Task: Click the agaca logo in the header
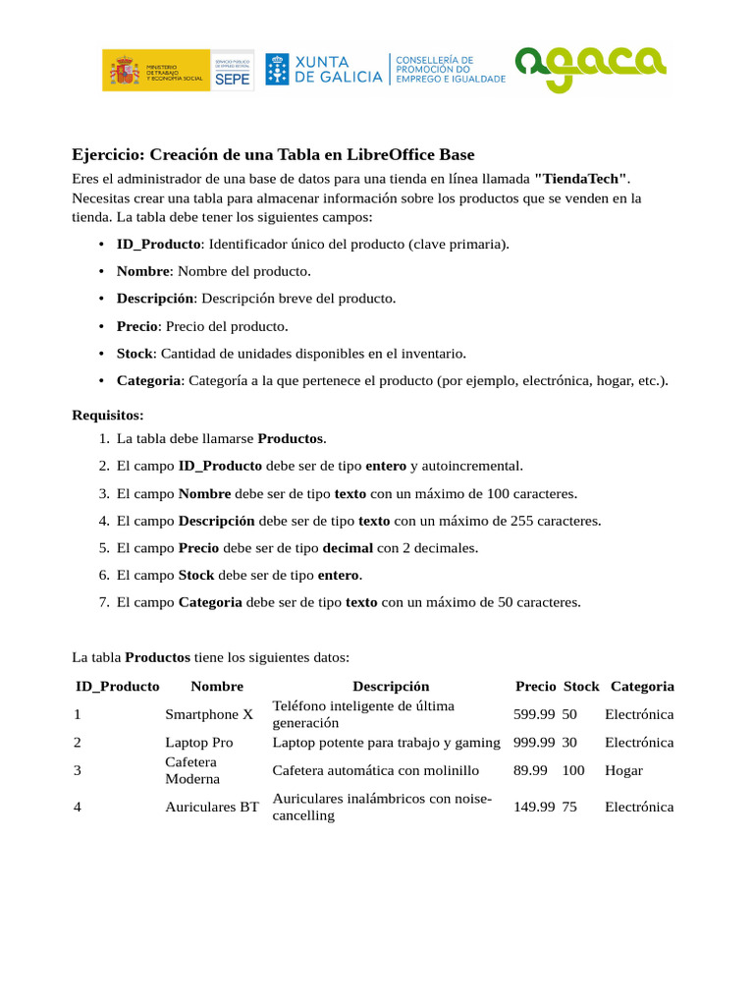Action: [x=591, y=69]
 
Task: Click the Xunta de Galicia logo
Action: [x=324, y=70]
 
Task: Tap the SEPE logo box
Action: [x=233, y=71]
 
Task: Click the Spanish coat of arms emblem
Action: [x=124, y=71]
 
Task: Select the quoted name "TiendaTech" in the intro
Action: [x=580, y=180]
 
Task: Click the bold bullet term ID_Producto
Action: [x=159, y=244]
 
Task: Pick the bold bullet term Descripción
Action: [x=154, y=299]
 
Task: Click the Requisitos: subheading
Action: [x=108, y=416]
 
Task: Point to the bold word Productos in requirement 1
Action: [x=290, y=438]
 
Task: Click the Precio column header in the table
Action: [x=535, y=687]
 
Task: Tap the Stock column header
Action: [x=581, y=687]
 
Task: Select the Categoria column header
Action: [x=642, y=687]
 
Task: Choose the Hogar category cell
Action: [x=623, y=771]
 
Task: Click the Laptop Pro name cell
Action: [x=199, y=743]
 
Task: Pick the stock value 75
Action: [x=570, y=807]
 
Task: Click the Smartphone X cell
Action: [x=209, y=714]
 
